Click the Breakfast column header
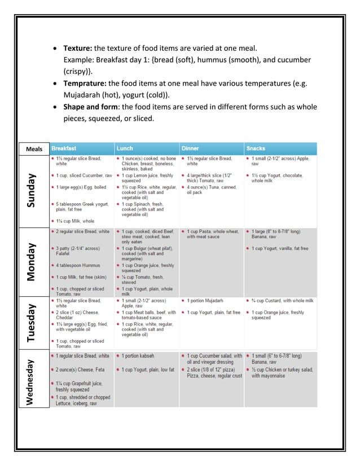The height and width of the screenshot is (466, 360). pos(64,148)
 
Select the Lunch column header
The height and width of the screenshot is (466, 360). pos(125,148)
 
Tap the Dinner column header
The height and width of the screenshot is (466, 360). pos(190,148)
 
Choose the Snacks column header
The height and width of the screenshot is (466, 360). pos(256,148)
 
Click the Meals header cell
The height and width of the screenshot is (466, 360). pos(34,149)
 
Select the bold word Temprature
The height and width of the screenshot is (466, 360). pos(85,83)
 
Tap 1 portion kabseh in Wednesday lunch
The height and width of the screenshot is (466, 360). pos(138,356)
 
